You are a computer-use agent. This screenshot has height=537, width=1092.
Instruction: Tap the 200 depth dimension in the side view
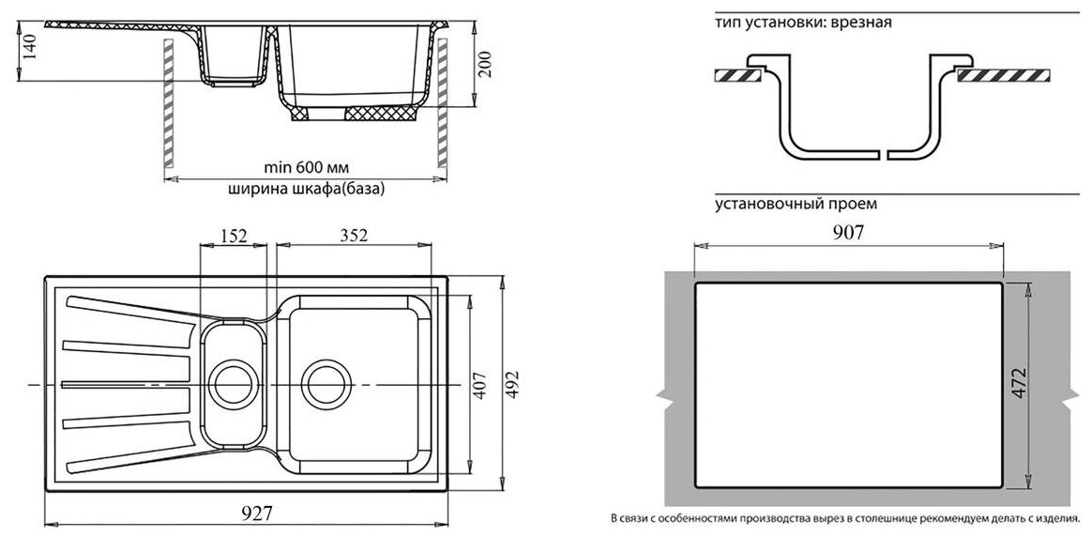484,64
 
